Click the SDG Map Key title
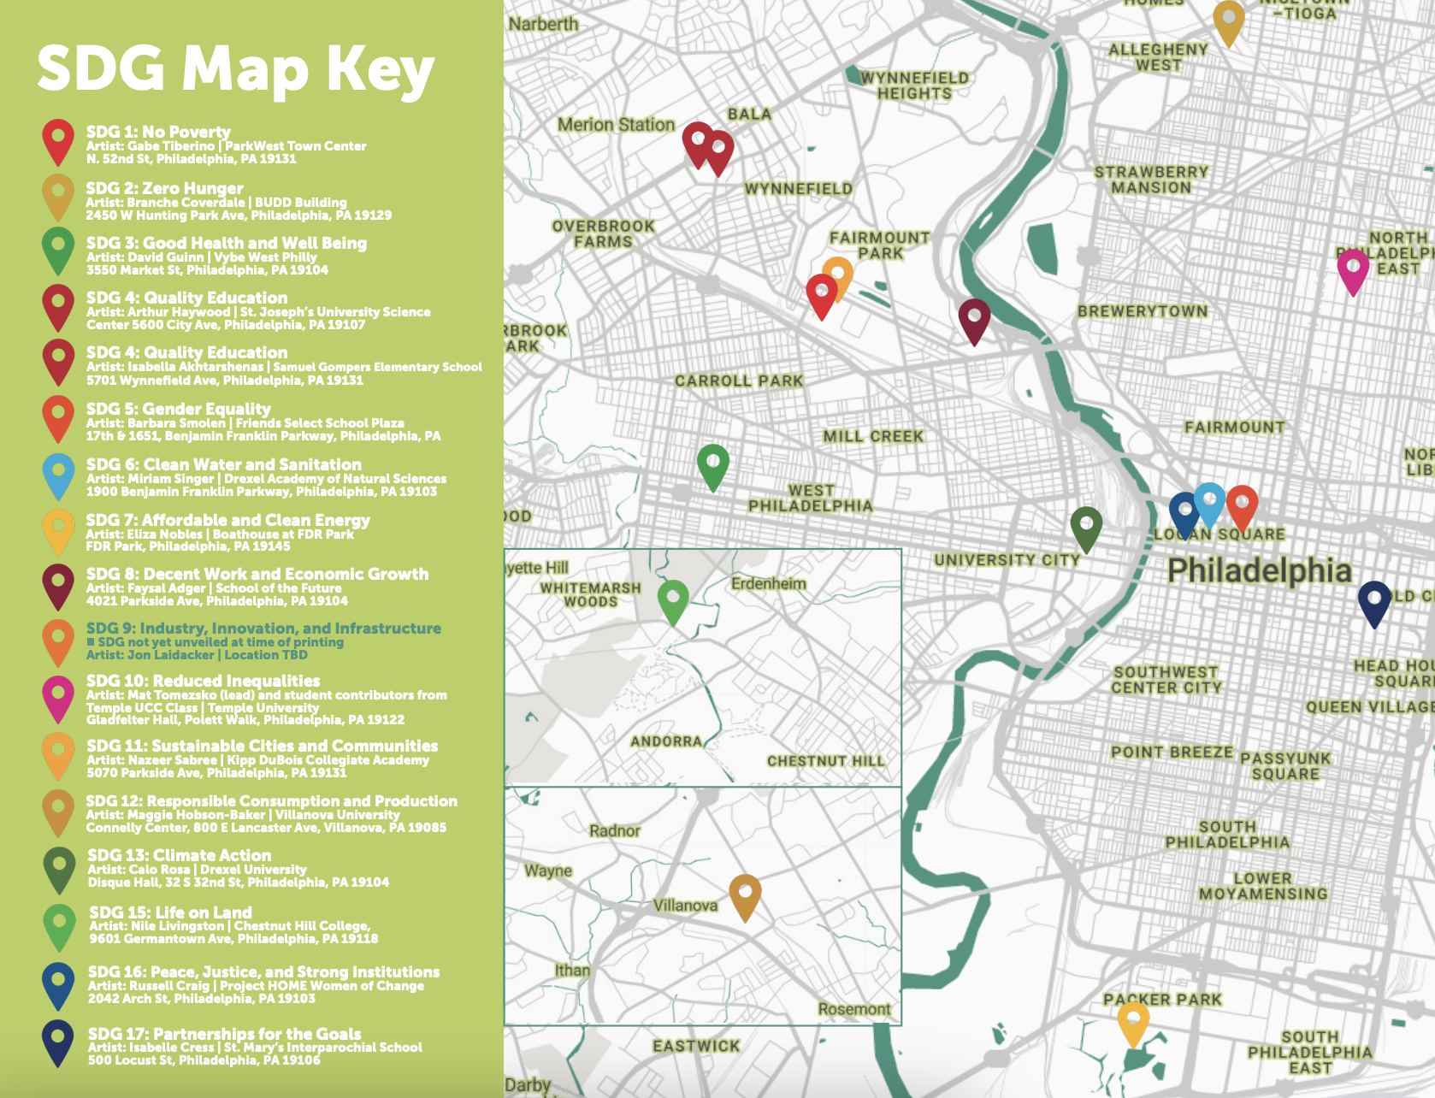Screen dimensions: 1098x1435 (x=236, y=68)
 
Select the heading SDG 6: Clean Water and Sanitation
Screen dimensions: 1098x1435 (x=223, y=464)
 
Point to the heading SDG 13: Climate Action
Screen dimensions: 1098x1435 (x=180, y=855)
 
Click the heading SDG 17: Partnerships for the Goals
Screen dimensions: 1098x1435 (x=224, y=1034)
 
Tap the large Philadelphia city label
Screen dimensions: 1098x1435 (x=1260, y=570)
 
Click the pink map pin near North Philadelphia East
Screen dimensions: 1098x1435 (x=1353, y=269)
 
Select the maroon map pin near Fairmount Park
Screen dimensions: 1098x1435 (x=974, y=318)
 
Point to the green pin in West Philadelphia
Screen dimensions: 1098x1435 (x=713, y=464)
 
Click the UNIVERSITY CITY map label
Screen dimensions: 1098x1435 (x=1007, y=560)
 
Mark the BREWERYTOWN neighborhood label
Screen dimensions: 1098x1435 (x=1143, y=311)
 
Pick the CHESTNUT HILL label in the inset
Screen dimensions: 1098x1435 (x=825, y=761)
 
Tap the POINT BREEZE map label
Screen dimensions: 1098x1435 (x=1172, y=753)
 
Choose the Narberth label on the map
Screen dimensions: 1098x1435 (x=543, y=24)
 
